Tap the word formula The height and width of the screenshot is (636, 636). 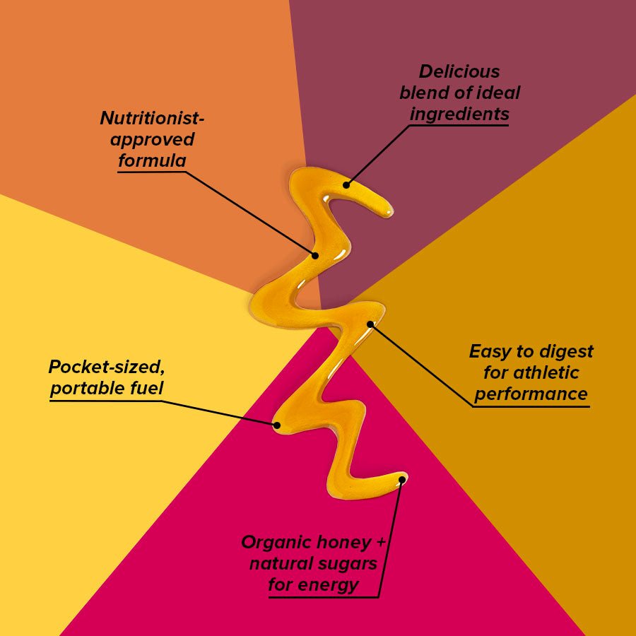click(152, 160)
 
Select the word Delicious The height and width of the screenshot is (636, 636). click(459, 71)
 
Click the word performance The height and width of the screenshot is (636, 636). click(531, 394)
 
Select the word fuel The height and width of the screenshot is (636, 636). click(146, 389)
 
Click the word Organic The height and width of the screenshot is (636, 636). click(276, 542)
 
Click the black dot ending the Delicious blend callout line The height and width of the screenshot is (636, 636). click(347, 185)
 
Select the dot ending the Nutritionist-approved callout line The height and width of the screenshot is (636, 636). click(316, 255)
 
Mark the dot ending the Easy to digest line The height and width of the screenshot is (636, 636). click(369, 324)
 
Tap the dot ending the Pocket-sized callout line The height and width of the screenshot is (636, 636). click(277, 425)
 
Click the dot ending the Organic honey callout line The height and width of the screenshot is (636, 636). click(401, 480)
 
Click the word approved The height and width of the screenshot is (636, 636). click(152, 139)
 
